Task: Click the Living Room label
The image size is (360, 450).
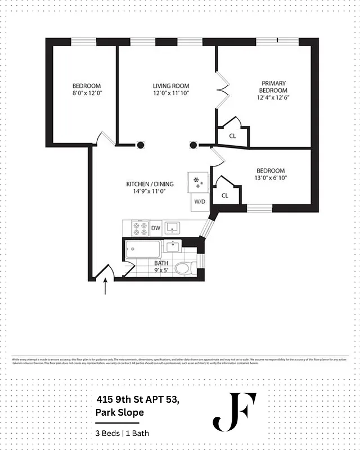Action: (166, 85)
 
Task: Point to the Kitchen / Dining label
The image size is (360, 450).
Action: (150, 184)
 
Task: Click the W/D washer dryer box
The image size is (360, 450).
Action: (200, 201)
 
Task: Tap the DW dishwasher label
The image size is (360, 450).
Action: (156, 228)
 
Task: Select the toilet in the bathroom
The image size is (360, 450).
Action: (183, 268)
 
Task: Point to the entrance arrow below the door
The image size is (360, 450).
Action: (106, 287)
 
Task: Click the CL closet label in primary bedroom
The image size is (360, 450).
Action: (232, 136)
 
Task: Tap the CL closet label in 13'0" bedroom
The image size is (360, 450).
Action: (224, 195)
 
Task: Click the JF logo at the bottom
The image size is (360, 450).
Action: (234, 412)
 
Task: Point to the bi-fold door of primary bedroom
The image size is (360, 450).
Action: (223, 90)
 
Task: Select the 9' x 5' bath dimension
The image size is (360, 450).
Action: (161, 270)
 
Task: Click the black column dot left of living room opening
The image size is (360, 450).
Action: (139, 145)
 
